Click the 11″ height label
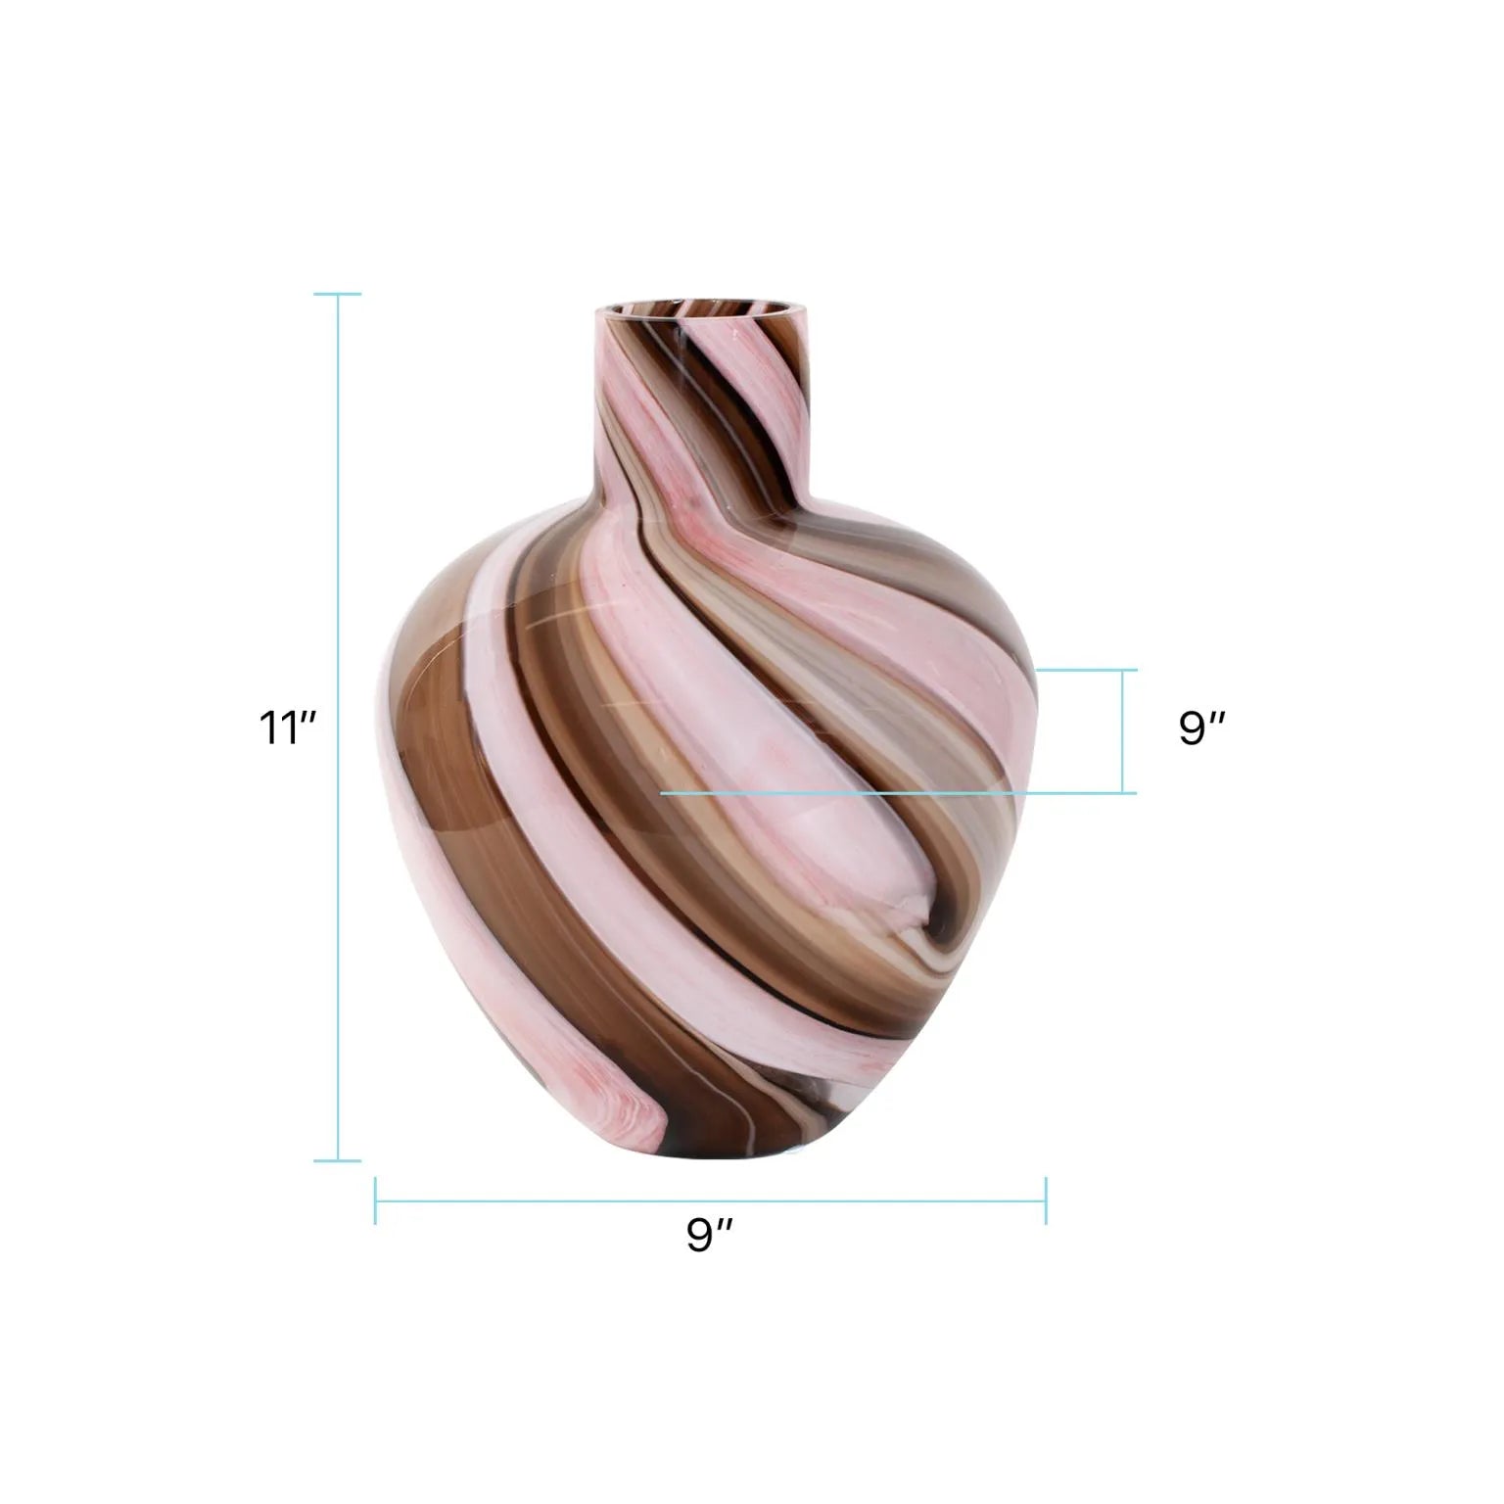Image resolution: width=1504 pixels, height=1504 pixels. (287, 729)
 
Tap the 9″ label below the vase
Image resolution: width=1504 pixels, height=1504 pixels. (710, 1235)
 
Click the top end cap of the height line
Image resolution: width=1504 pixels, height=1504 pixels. (339, 294)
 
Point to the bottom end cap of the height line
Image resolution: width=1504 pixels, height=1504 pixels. (339, 1161)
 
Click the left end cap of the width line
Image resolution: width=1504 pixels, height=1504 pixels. (376, 1200)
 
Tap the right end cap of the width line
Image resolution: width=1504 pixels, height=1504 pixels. (1046, 1200)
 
